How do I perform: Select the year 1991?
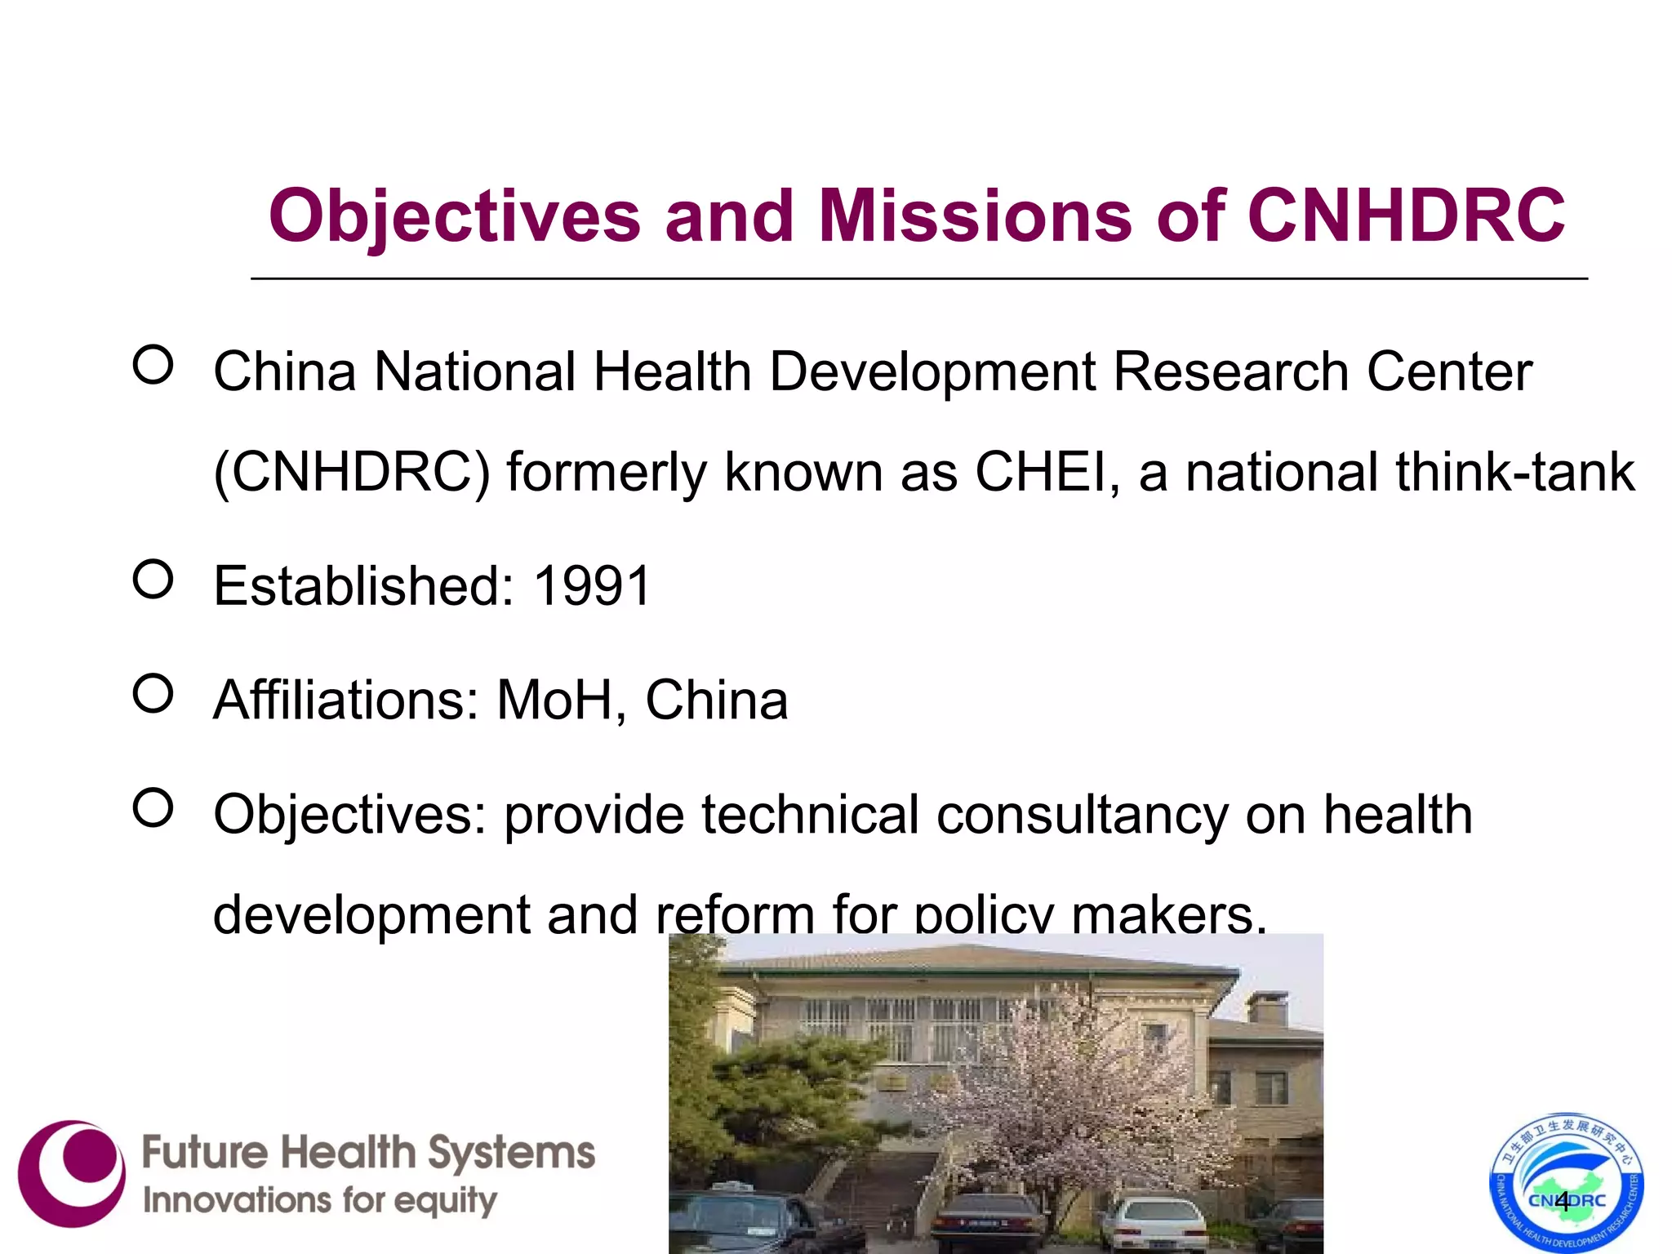click(592, 586)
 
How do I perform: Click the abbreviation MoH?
click(555, 700)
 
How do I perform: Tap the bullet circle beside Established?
click(153, 580)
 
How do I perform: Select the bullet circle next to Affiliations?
click(153, 694)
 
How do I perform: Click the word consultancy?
click(1082, 815)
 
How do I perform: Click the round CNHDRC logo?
click(1566, 1183)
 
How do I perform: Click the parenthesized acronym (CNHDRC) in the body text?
click(351, 472)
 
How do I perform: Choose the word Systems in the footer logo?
click(512, 1153)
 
